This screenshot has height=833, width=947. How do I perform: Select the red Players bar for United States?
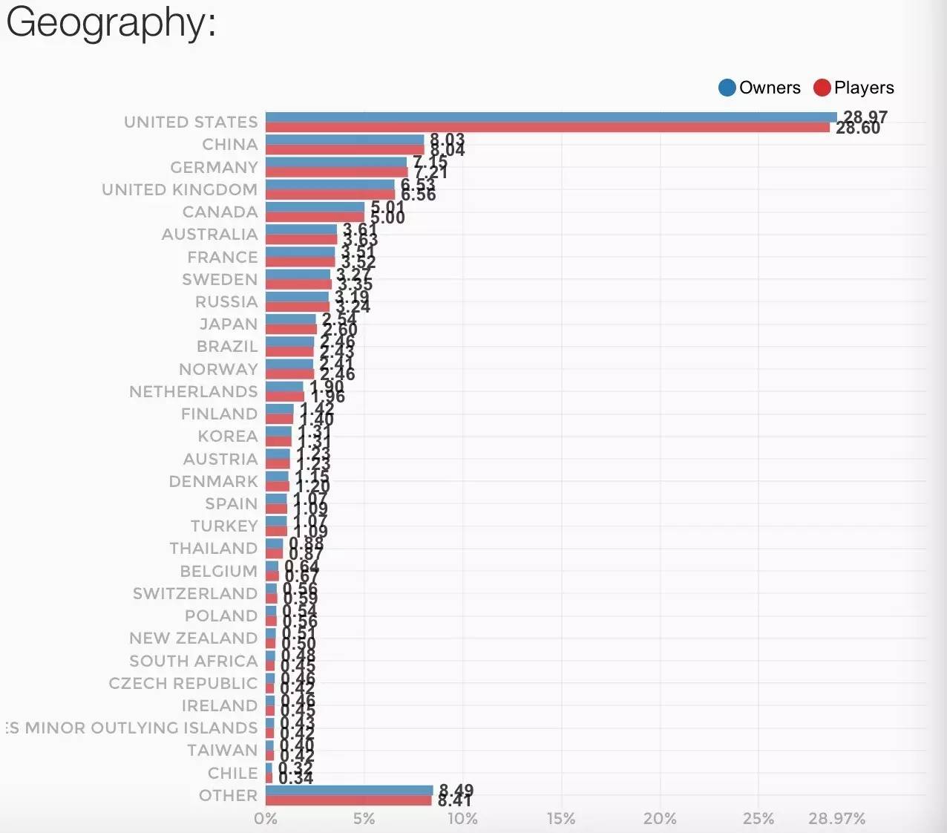coord(548,128)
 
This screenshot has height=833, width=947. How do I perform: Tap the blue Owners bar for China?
coord(344,140)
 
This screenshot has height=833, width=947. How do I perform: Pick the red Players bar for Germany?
coord(336,172)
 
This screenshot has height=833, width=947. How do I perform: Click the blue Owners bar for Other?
coord(349,791)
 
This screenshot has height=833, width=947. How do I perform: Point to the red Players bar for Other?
coord(348,800)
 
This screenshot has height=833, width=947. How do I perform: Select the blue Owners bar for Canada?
coord(315,207)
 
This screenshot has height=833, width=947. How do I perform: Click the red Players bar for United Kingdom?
coord(330,195)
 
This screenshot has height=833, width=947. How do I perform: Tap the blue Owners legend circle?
coord(727,88)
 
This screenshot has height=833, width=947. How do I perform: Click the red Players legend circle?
coord(822,88)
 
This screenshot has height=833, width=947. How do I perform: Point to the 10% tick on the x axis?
coord(462,818)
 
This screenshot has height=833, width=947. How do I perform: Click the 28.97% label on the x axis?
coord(836,818)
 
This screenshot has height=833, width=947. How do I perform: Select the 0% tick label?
coord(266,818)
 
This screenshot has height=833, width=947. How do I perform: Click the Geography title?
coord(111,22)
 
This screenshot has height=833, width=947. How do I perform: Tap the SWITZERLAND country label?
coord(195,593)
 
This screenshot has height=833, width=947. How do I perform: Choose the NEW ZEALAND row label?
coord(193,638)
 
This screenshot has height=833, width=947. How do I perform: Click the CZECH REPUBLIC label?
coord(183,683)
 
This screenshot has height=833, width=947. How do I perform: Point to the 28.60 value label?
coord(858,128)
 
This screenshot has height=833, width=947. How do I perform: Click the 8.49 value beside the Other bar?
coord(456,790)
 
